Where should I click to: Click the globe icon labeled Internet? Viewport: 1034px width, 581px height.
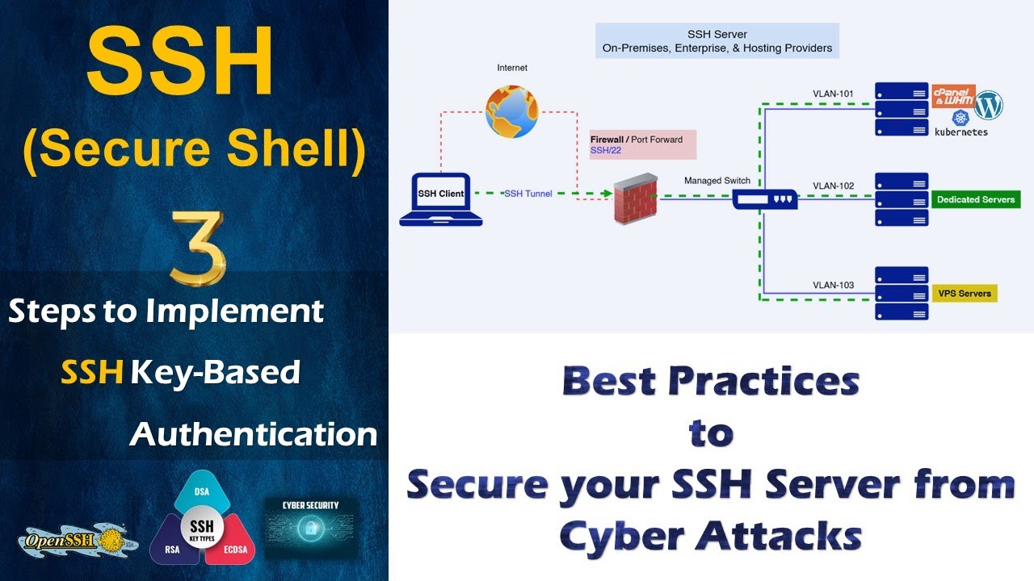(x=511, y=111)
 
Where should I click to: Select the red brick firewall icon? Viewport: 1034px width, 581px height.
(x=635, y=199)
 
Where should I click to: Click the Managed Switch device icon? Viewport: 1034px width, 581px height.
(x=764, y=199)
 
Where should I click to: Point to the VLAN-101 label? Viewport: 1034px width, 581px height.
(x=833, y=94)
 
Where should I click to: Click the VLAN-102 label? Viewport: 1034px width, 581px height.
(x=833, y=186)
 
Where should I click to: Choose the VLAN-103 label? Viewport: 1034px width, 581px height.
(x=833, y=285)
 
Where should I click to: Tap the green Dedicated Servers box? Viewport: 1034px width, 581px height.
(x=975, y=199)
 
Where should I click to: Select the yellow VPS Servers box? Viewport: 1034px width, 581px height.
(x=964, y=293)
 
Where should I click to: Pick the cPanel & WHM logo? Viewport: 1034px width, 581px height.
(x=953, y=96)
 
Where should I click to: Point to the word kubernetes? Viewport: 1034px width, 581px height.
(x=960, y=132)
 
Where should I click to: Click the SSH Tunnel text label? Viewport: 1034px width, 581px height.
(x=528, y=194)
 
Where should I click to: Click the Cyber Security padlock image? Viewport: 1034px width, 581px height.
(x=311, y=529)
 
